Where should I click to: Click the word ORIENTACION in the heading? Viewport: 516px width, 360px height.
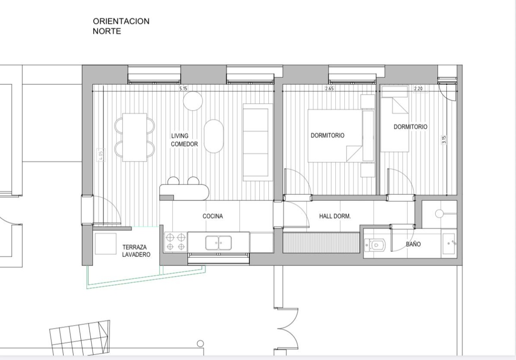[x=121, y=21]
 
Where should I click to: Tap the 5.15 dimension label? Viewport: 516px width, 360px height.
[x=183, y=88]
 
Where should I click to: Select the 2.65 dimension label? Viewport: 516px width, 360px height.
[x=329, y=88]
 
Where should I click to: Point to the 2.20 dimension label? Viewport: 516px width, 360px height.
[x=418, y=88]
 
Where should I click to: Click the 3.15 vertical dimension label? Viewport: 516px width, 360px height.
[x=444, y=140]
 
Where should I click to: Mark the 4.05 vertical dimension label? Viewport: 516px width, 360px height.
[x=101, y=155]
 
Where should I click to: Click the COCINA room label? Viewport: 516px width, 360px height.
[x=212, y=216]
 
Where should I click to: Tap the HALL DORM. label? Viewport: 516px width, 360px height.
[x=335, y=216]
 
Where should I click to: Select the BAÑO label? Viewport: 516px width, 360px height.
[x=413, y=244]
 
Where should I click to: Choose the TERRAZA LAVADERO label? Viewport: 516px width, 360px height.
[x=136, y=251]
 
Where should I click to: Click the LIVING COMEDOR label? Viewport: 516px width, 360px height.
[x=184, y=140]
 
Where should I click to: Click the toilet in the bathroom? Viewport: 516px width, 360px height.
[x=375, y=245]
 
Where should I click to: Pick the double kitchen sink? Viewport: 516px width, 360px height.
[x=218, y=243]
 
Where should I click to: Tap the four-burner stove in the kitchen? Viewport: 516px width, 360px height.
[x=175, y=242]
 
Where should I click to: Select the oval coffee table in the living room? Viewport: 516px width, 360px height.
[x=214, y=136]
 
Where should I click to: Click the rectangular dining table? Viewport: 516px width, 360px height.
[x=135, y=137]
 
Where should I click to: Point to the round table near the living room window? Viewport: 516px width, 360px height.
[x=193, y=101]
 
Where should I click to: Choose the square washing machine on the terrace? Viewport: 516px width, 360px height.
[x=106, y=244]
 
